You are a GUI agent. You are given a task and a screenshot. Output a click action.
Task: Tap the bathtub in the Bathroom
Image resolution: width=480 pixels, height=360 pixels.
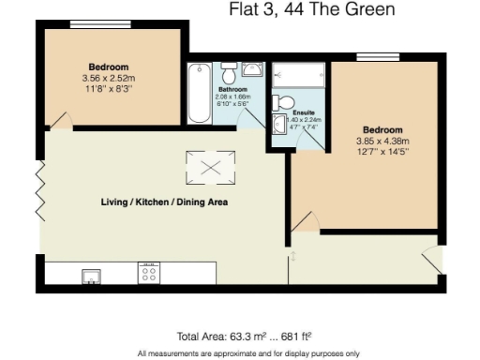(199, 94)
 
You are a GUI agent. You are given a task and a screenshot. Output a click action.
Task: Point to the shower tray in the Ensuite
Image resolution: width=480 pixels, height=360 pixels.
(298, 72)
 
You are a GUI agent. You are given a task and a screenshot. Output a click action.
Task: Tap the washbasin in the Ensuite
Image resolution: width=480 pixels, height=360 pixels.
(278, 125)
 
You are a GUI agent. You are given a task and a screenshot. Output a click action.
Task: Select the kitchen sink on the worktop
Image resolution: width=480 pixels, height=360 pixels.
(91, 274)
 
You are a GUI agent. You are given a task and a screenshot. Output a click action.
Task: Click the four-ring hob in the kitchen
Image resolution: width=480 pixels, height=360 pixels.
(148, 273)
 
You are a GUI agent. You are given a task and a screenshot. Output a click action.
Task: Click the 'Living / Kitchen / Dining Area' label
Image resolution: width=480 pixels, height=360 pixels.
(164, 202)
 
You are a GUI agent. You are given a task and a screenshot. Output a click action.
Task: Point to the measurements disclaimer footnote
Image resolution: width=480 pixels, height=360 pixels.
(248, 352)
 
